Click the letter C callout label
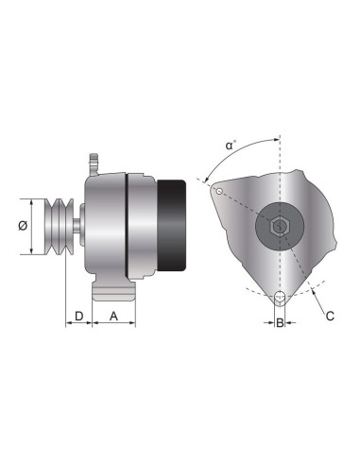coord(329,316)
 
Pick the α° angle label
coord(230,146)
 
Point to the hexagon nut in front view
coord(279,227)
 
